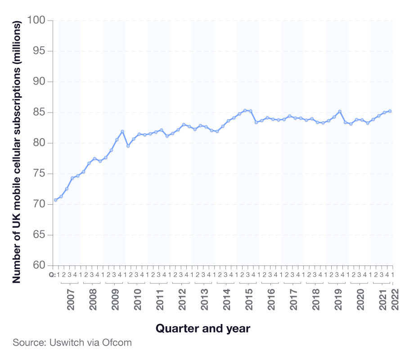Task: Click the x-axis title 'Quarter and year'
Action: click(202, 328)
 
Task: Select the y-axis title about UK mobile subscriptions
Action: click(17, 152)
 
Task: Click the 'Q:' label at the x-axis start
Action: click(52, 274)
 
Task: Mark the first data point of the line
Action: click(55, 200)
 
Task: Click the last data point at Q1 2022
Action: click(390, 111)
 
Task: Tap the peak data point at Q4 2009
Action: click(122, 131)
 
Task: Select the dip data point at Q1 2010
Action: click(128, 146)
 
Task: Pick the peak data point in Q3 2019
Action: click(340, 111)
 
